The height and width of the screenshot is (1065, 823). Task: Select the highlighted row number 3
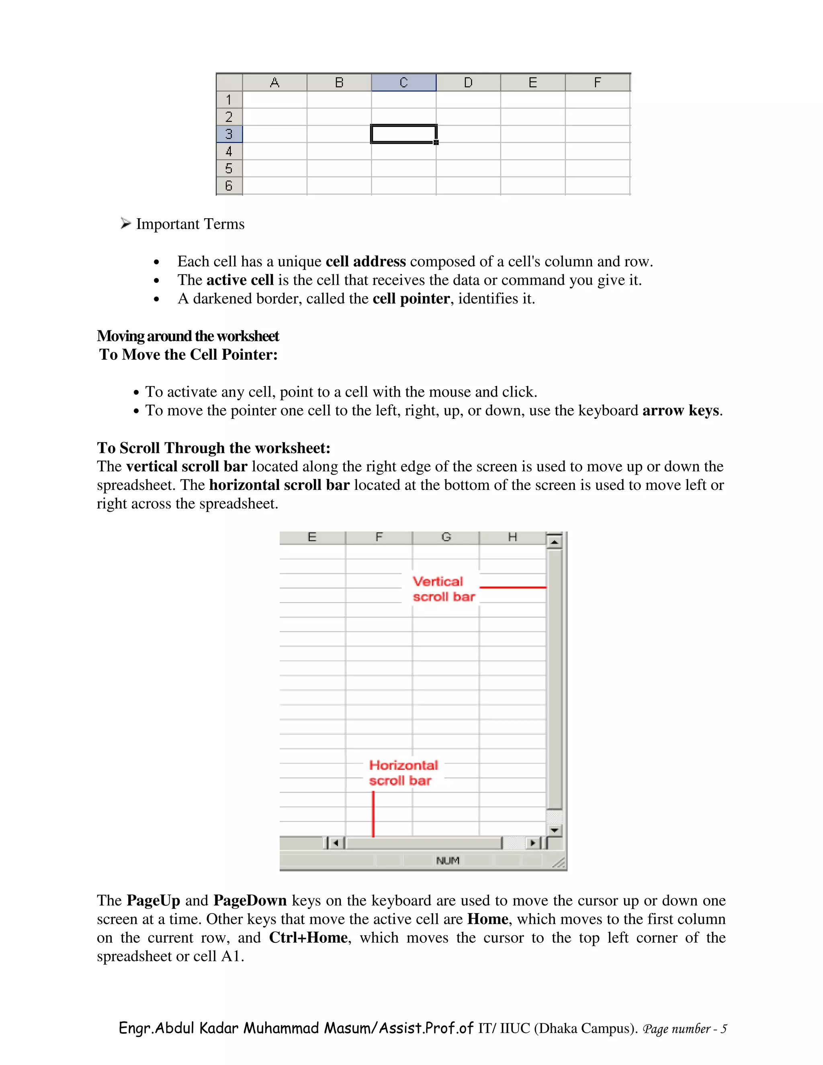tap(229, 133)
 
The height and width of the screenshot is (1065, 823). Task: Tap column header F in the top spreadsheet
tap(597, 82)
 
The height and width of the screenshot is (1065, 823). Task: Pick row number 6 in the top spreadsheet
tap(229, 185)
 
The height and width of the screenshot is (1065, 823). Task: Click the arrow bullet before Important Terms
tap(126, 223)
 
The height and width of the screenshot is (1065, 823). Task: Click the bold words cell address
tap(365, 261)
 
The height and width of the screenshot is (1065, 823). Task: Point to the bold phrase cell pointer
tap(411, 299)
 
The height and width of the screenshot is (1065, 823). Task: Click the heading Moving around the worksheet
tap(188, 336)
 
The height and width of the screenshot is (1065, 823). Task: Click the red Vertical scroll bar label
tap(443, 589)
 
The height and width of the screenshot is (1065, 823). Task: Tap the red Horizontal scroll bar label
tap(403, 772)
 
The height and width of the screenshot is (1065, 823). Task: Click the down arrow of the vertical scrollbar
tap(554, 830)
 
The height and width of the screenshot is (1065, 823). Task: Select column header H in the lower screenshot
tap(512, 537)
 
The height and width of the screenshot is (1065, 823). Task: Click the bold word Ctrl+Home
tap(308, 938)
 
